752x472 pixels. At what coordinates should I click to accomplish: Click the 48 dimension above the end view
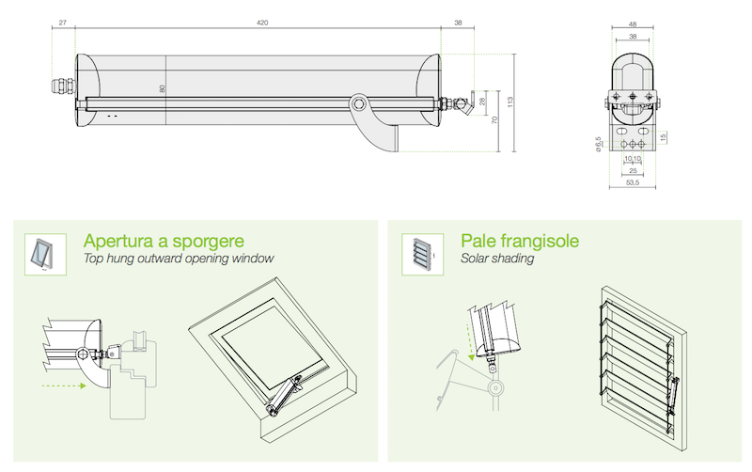tap(632, 25)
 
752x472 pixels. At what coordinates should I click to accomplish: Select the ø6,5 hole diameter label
tap(598, 143)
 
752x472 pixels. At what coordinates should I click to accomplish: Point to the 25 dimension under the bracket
tap(632, 171)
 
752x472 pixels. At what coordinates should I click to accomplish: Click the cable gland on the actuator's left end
tap(58, 86)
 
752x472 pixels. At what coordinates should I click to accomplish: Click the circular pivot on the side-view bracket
tap(359, 103)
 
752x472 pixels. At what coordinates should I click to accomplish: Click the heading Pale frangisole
tap(520, 241)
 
